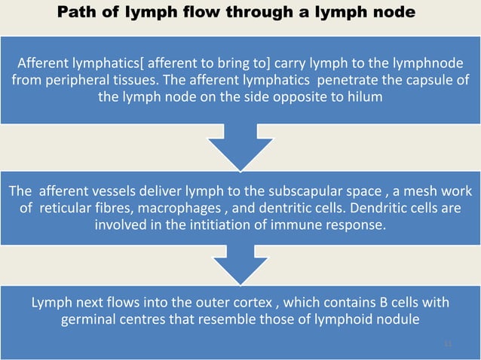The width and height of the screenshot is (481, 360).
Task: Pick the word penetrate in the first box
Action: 349,79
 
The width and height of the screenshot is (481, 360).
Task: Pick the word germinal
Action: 91,322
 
